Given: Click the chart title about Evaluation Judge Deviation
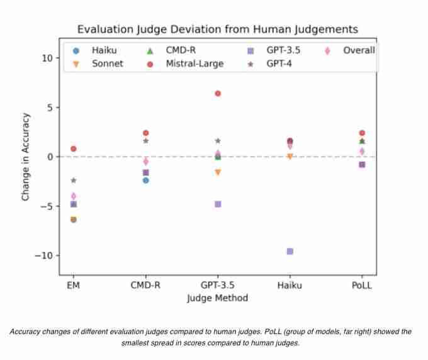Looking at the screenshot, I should pyautogui.click(x=217, y=30).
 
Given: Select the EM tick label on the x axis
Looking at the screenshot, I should pyautogui.click(x=73, y=285).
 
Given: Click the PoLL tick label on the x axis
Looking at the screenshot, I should pyautogui.click(x=362, y=285).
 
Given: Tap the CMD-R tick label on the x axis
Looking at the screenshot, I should pyautogui.click(x=145, y=285).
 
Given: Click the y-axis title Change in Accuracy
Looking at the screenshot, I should pyautogui.click(x=26, y=157).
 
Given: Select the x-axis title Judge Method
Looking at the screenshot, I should pyautogui.click(x=217, y=298).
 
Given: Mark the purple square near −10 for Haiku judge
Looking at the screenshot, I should pyautogui.click(x=290, y=251).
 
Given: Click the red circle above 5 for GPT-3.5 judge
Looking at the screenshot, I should pyautogui.click(x=218, y=93).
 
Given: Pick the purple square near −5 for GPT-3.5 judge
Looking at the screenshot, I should pyautogui.click(x=218, y=204).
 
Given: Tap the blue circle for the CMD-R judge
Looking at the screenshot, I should pyautogui.click(x=145, y=180).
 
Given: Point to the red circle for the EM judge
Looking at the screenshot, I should pyautogui.click(x=73, y=149).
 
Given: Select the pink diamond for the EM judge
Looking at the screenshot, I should pyautogui.click(x=73, y=196).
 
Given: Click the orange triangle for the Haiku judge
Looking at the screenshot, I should pyautogui.click(x=290, y=157).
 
